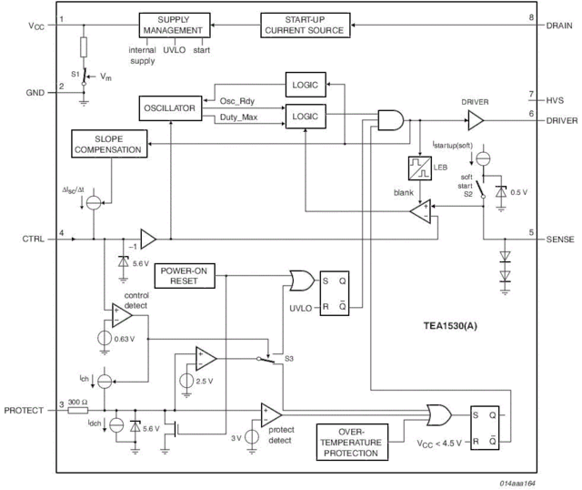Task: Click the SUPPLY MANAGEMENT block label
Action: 170,24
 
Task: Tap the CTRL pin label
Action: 31,239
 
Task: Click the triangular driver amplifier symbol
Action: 474,117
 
